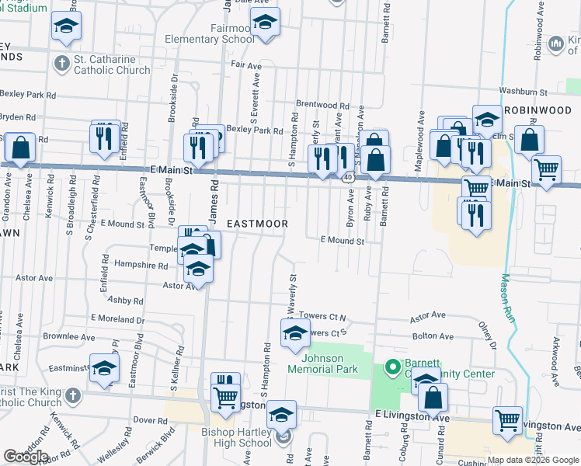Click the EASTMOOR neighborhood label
[x=257, y=224]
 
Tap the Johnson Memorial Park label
[x=323, y=363]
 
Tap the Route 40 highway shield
[x=347, y=178]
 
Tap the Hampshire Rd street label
[x=141, y=266]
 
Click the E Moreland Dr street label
[x=117, y=318]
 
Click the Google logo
[x=26, y=457]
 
